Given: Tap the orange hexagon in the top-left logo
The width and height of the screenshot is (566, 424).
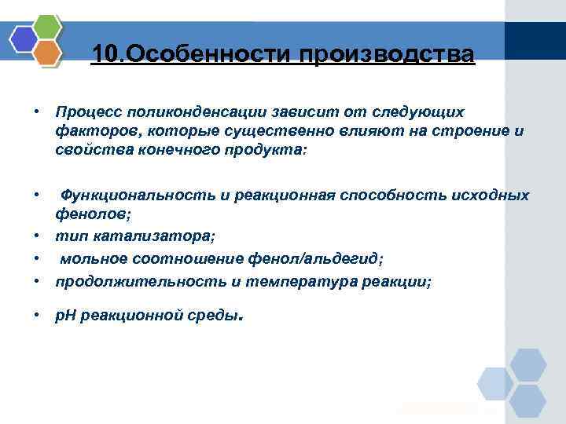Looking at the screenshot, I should tap(48, 53).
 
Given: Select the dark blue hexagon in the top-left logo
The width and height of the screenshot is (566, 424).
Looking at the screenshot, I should tap(24, 39).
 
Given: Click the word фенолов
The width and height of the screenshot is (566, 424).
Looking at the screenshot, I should tap(86, 212).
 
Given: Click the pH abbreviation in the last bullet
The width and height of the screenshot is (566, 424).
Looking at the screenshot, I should tap(64, 316).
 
